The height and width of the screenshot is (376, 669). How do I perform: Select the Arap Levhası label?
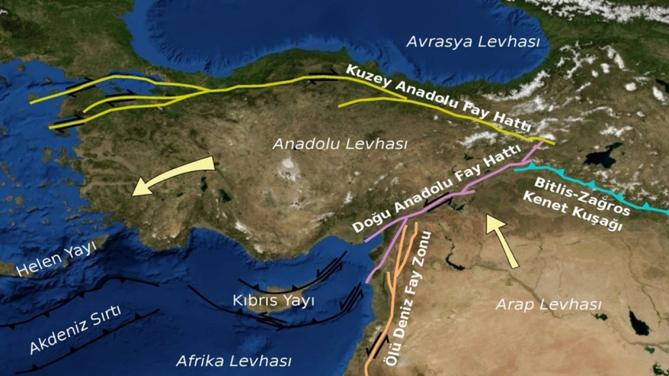[x=548, y=304]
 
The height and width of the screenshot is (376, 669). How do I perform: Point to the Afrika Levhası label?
[x=234, y=361]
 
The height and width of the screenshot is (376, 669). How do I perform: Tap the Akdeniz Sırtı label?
[x=75, y=330]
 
